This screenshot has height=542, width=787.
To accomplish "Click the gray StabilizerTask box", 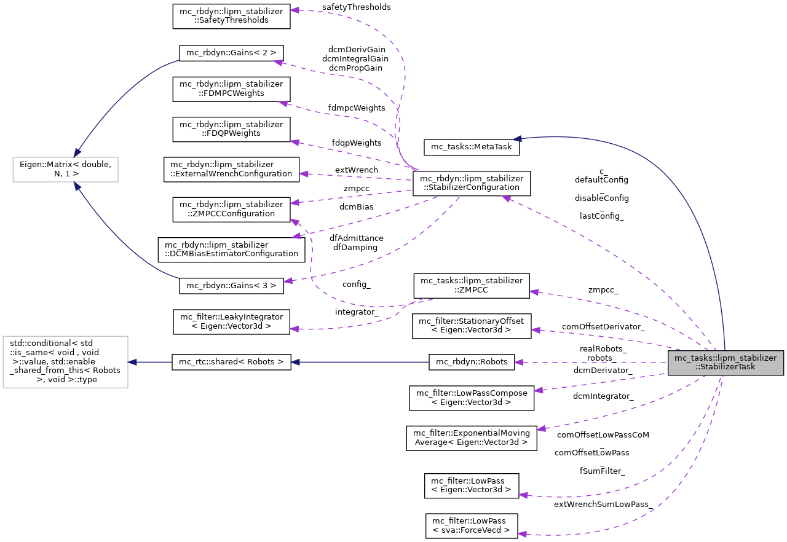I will coord(726,363).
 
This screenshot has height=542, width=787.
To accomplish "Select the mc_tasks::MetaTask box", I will coord(472,147).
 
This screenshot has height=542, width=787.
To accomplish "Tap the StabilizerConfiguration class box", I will coord(472,184).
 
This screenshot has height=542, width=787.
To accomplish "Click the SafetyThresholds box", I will coord(231,16).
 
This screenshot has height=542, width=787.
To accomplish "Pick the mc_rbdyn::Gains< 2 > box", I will coord(231,53).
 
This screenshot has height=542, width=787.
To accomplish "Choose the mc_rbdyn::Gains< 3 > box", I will coord(231,285).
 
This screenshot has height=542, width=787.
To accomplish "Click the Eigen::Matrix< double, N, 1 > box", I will coord(66,169).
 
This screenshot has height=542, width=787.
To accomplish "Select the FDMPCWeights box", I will coord(231,89).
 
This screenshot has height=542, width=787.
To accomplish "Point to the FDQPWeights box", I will coord(231,129).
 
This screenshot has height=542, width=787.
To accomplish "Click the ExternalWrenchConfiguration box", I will coord(231,169).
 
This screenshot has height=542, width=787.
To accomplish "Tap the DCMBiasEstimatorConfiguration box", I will coord(231,249).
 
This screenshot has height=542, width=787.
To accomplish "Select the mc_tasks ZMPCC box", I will coord(472,285).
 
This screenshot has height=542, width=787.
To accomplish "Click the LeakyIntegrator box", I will coord(231,322).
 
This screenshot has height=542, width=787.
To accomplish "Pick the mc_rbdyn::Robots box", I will coord(472,363).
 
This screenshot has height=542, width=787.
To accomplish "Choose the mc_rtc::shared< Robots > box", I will coord(231,363).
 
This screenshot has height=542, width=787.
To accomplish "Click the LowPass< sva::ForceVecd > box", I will coord(472,526).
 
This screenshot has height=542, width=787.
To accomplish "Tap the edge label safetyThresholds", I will coord(355,7).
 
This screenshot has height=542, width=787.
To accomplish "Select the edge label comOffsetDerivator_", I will coord(603,327).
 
